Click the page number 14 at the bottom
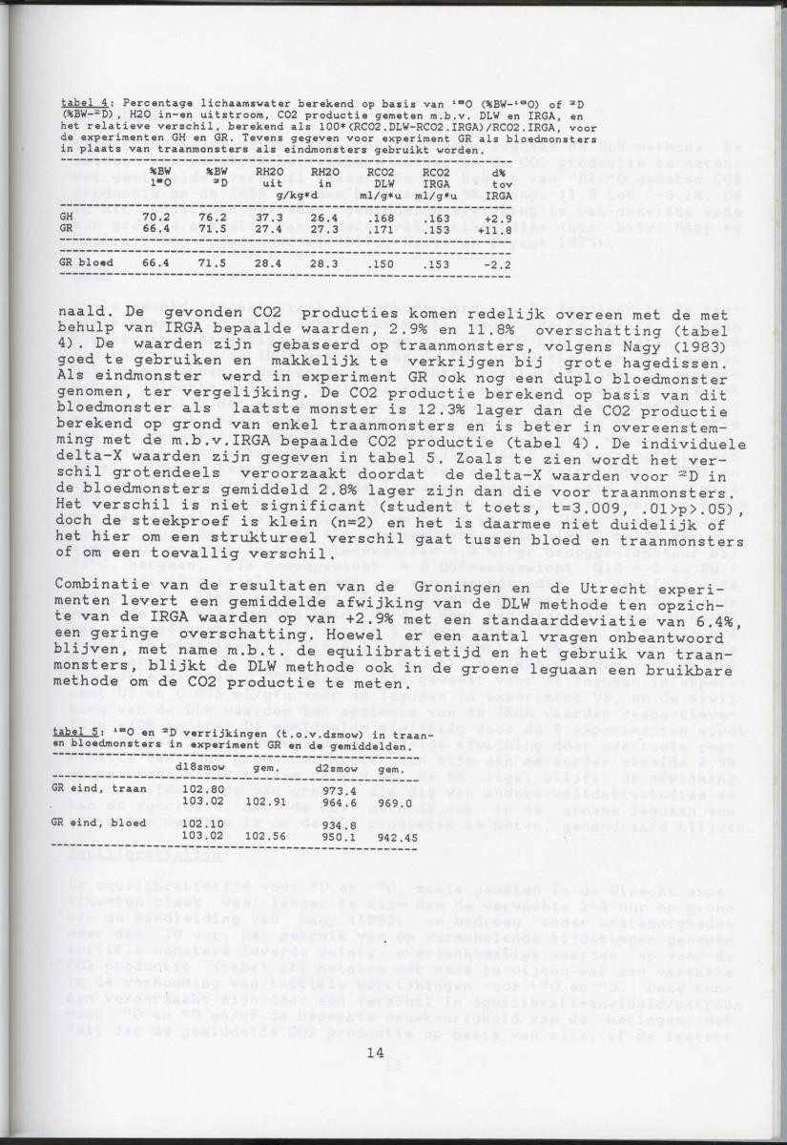tap(374, 1052)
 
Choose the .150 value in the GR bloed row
tap(382, 261)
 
